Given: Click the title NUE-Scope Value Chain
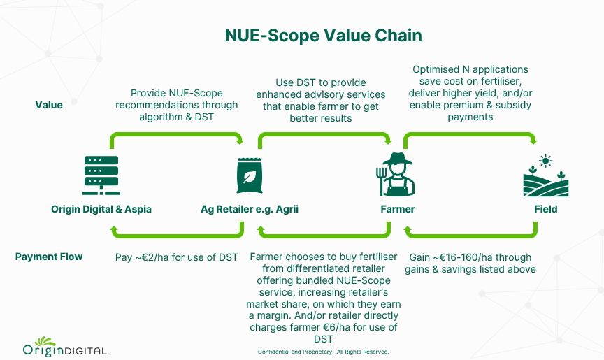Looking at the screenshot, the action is click(x=323, y=36).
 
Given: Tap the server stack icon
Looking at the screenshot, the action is click(x=101, y=175).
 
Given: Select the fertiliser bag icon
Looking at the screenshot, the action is click(x=250, y=175).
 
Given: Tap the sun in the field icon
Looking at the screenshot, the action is click(x=545, y=161).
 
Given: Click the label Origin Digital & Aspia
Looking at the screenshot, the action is click(x=101, y=209).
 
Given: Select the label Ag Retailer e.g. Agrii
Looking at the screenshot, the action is click(x=250, y=209).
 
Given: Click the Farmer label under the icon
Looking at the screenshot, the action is click(x=398, y=209).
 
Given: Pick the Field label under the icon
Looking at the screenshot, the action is click(x=546, y=209).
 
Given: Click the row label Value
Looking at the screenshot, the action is click(x=49, y=105).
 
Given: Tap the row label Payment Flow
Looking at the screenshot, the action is click(x=49, y=257).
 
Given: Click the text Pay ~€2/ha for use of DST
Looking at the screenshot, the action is click(x=176, y=257).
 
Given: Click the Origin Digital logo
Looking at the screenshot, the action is click(x=65, y=347).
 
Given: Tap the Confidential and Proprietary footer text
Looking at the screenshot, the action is click(x=324, y=352).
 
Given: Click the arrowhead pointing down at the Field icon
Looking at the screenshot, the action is click(x=533, y=141).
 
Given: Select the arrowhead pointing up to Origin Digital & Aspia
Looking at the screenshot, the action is click(x=114, y=229).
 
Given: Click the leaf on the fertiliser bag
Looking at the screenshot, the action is click(x=250, y=177).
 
